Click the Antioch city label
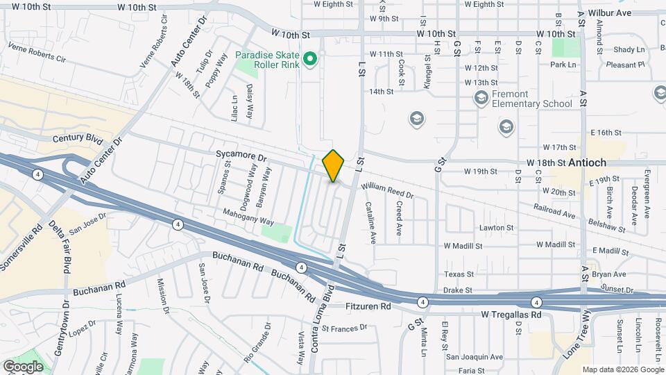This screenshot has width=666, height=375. pos(587,162)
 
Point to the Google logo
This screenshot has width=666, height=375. pos(23,367)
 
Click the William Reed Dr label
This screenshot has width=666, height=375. pos(387,191)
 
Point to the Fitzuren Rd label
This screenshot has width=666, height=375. pos(368,306)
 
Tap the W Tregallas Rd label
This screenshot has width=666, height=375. pos(511,315)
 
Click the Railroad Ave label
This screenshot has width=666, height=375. pos(554,211)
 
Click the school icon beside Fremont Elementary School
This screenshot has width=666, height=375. pos(481,99)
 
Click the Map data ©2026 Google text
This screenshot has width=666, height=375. pos(622,369)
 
